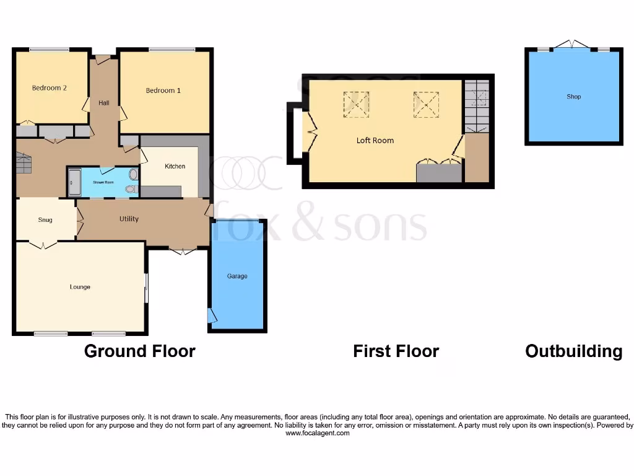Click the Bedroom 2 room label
[50, 88]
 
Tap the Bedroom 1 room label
[163, 90]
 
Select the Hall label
[104, 103]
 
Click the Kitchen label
[175, 166]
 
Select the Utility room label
[129, 219]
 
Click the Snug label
[45, 220]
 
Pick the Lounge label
[80, 287]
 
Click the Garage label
[237, 276]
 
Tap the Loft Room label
[375, 141]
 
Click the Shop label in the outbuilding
[573, 97]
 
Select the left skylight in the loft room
[356, 104]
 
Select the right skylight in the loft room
[425, 104]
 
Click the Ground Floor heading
[140, 351]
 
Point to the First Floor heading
[396, 351]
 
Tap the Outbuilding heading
[573, 351]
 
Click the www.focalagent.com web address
[318, 434]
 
